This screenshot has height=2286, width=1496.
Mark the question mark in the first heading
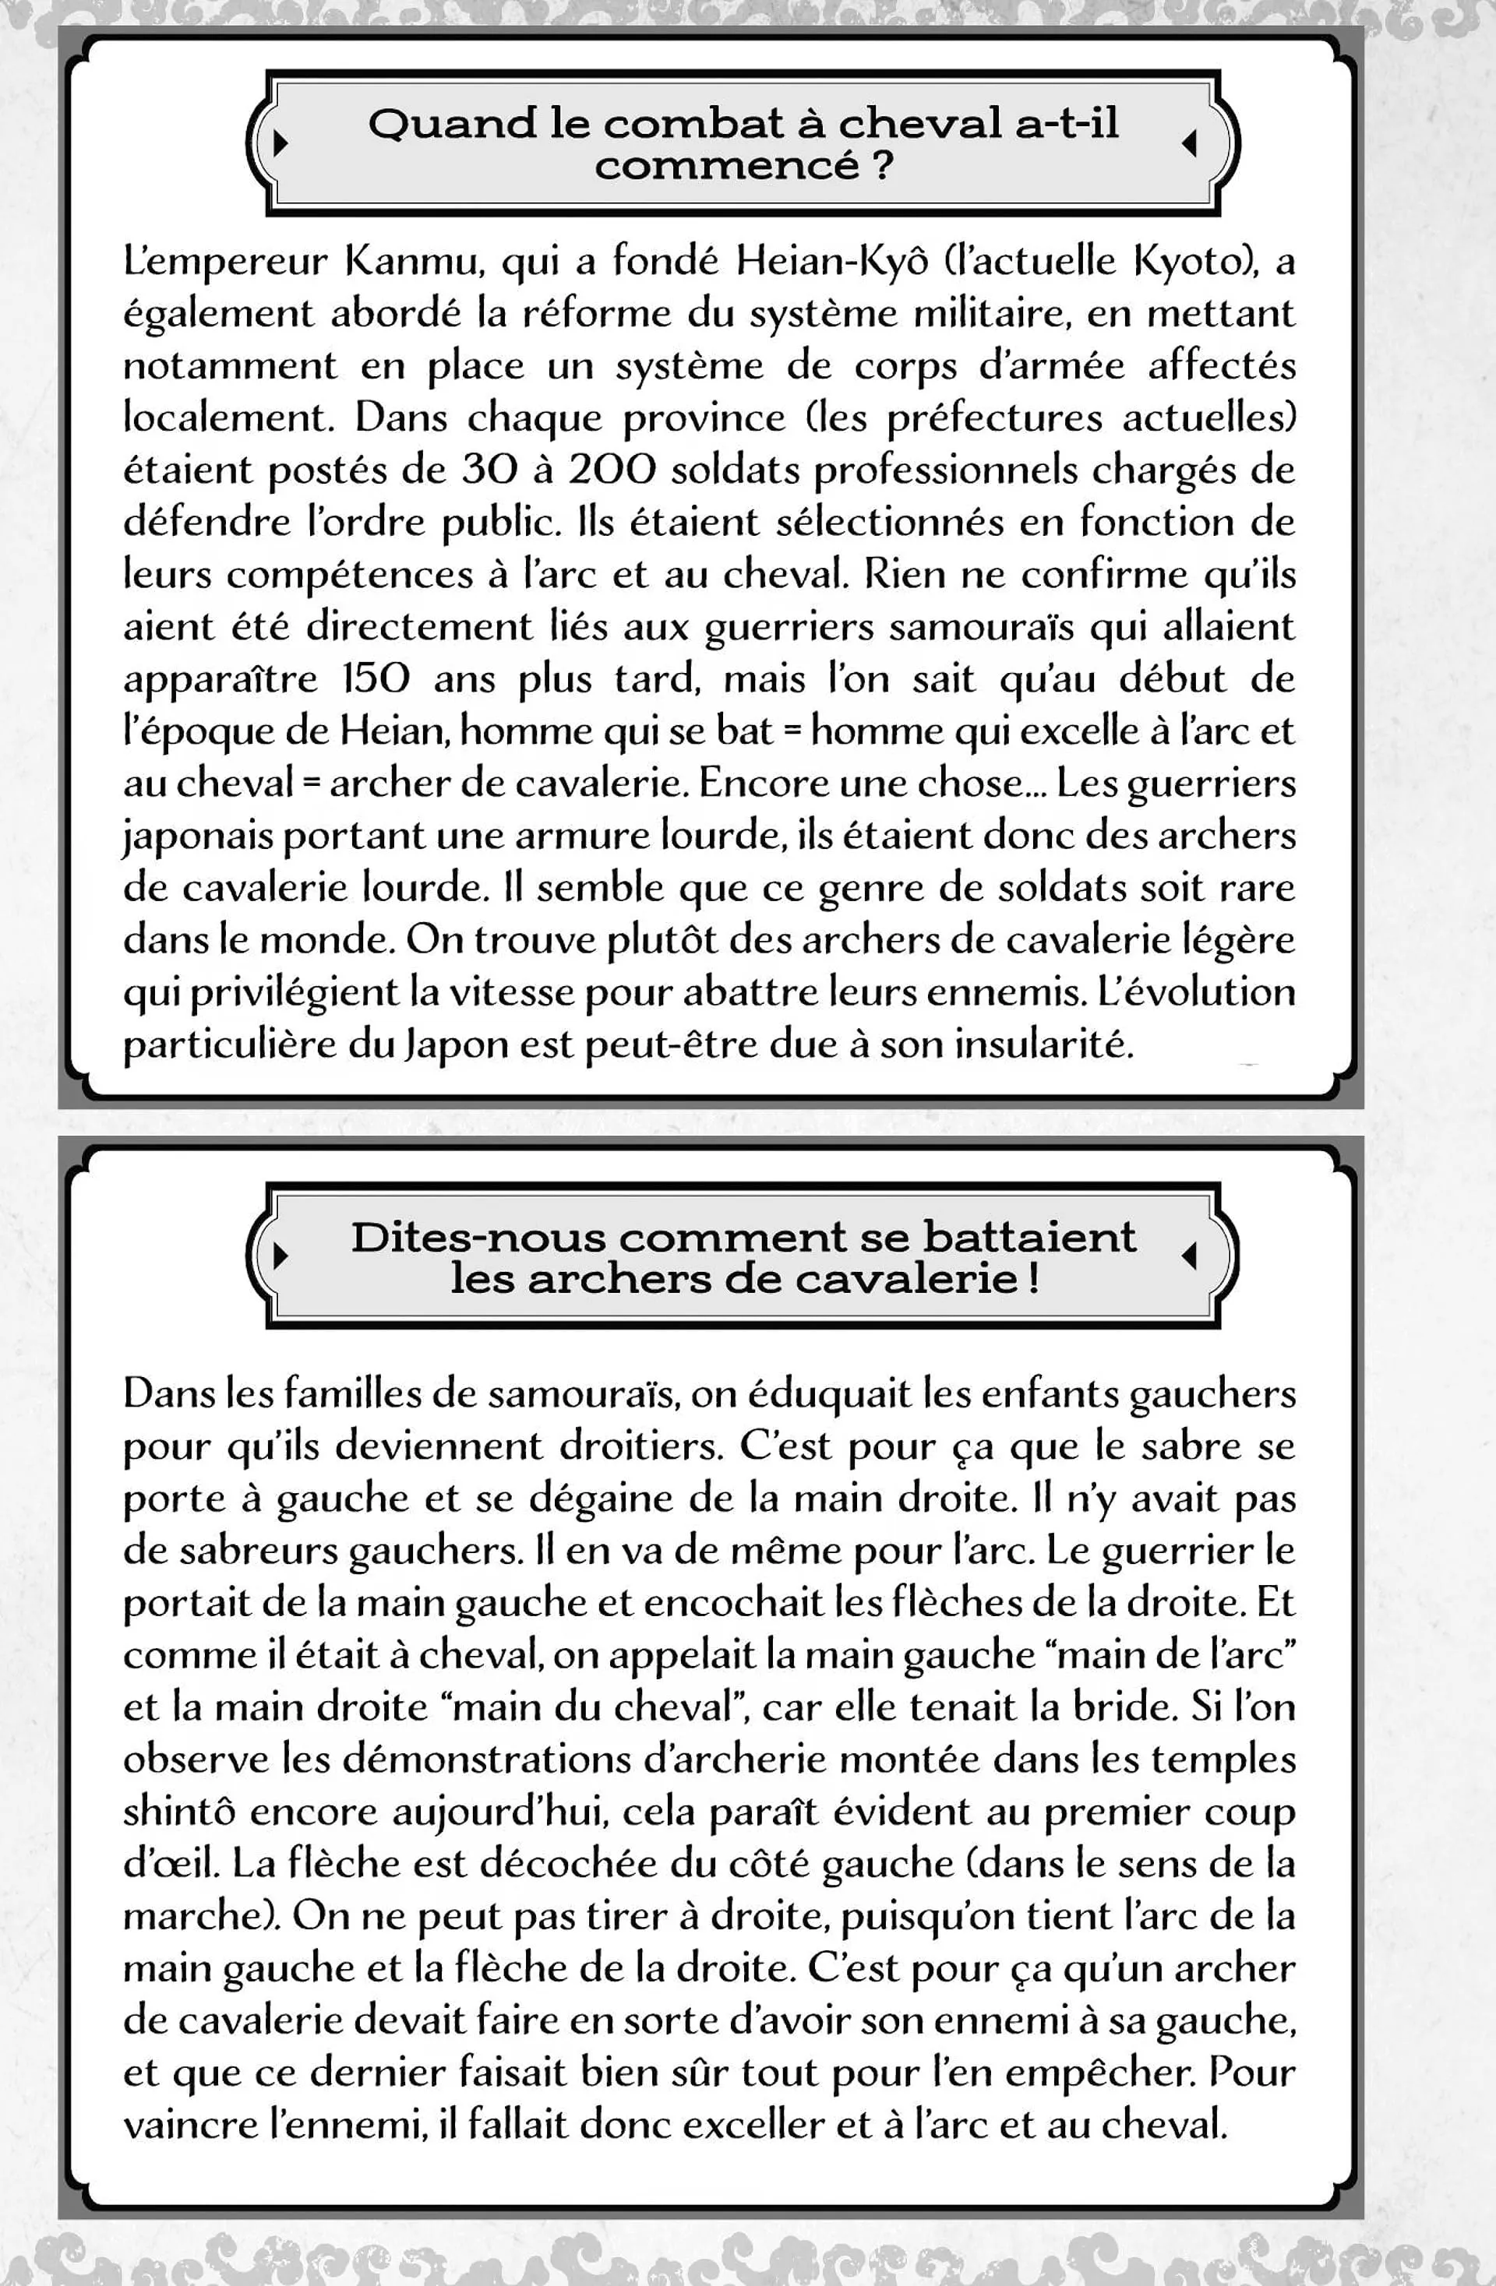point(883,166)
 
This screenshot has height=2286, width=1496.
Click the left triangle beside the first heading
point(280,144)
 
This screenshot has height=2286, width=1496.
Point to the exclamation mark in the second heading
point(1033,1280)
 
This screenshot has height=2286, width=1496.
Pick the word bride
point(1126,1707)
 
